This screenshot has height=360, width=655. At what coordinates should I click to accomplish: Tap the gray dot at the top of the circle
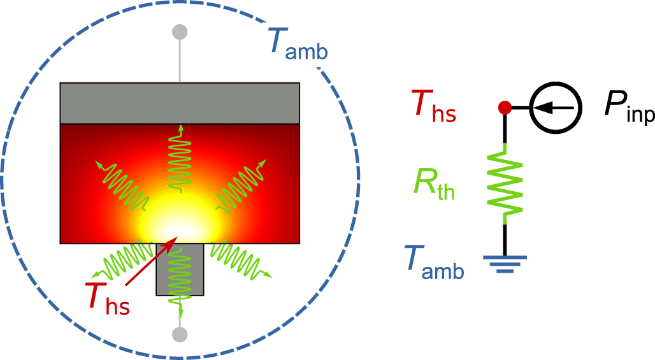tap(180, 31)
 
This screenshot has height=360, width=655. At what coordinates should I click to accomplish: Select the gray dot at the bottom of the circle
tap(180, 334)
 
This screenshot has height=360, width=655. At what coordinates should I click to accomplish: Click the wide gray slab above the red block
tap(180, 103)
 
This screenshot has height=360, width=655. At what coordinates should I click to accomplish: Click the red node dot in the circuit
tap(505, 108)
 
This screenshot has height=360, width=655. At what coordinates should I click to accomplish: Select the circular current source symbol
tap(555, 108)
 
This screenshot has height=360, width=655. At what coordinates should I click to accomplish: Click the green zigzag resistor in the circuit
tap(505, 185)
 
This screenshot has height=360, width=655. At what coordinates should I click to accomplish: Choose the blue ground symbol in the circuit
tap(505, 263)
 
